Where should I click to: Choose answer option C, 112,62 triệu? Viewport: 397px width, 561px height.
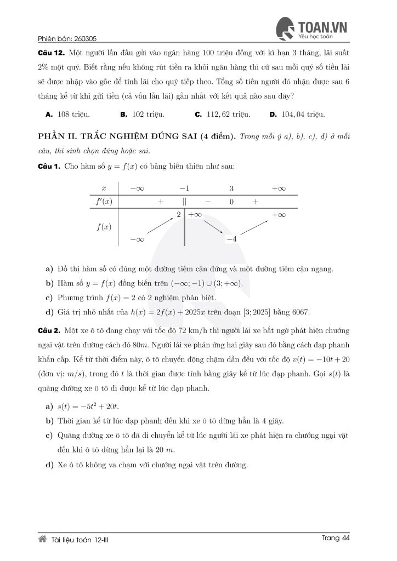(223, 115)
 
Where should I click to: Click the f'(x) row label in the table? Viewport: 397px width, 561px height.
(104, 202)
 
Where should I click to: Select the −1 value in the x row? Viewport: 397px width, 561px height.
(184, 188)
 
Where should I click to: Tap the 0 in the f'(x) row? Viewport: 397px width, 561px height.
(232, 202)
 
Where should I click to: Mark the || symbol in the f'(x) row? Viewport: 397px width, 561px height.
(185, 202)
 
